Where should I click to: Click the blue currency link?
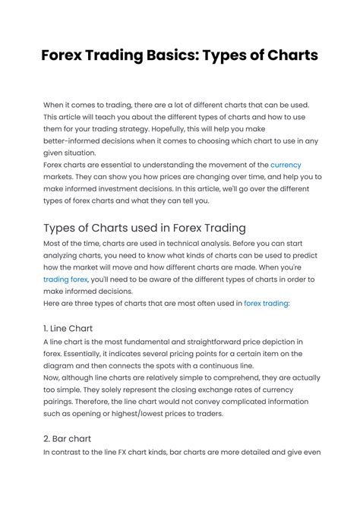coord(286,164)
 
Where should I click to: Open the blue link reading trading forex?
coord(66,279)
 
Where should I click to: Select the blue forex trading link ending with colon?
coord(266,303)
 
